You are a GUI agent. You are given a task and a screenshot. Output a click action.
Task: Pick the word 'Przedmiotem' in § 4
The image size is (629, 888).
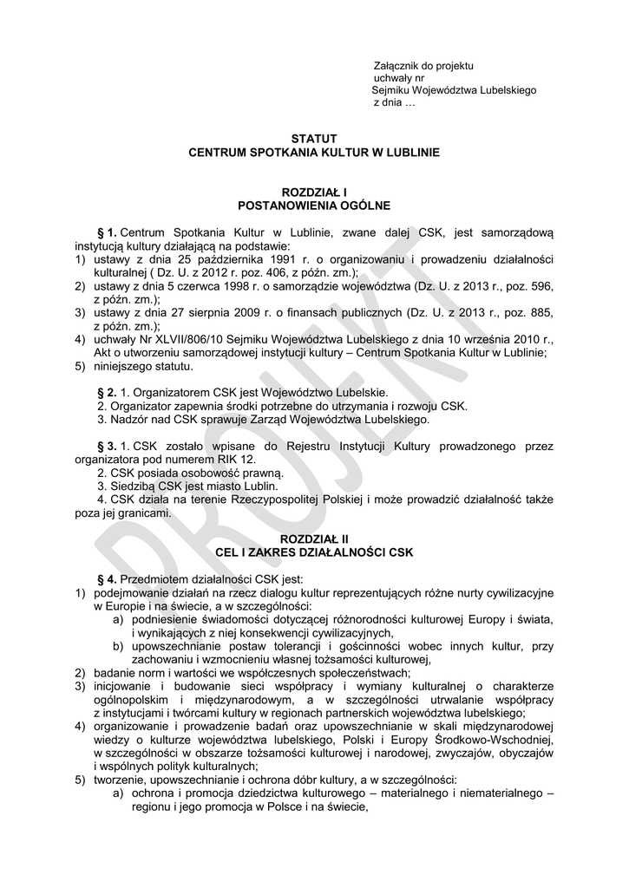click(x=154, y=578)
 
